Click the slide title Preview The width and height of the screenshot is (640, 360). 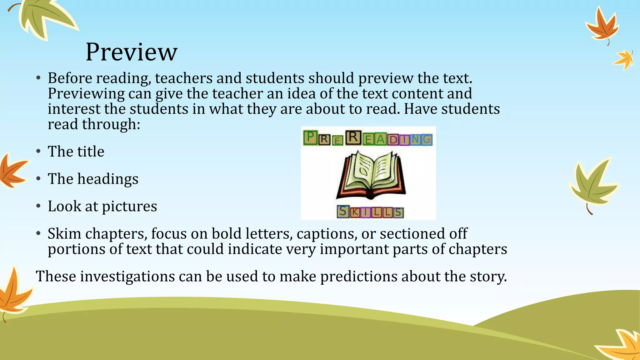coord(131,52)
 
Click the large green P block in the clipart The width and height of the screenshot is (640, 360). coord(310,137)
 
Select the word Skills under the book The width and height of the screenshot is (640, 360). coord(370,212)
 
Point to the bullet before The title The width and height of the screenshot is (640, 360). coord(38,152)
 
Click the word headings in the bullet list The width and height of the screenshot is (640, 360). coord(108,179)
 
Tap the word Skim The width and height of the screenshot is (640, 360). coord(64,234)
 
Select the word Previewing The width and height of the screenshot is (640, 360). coord(86,94)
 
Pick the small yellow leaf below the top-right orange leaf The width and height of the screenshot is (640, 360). coord(624,59)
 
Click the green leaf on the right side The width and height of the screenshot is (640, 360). coord(592,184)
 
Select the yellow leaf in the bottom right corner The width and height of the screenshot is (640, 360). coord(622,345)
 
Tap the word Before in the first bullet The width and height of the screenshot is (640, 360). coord(70,78)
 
